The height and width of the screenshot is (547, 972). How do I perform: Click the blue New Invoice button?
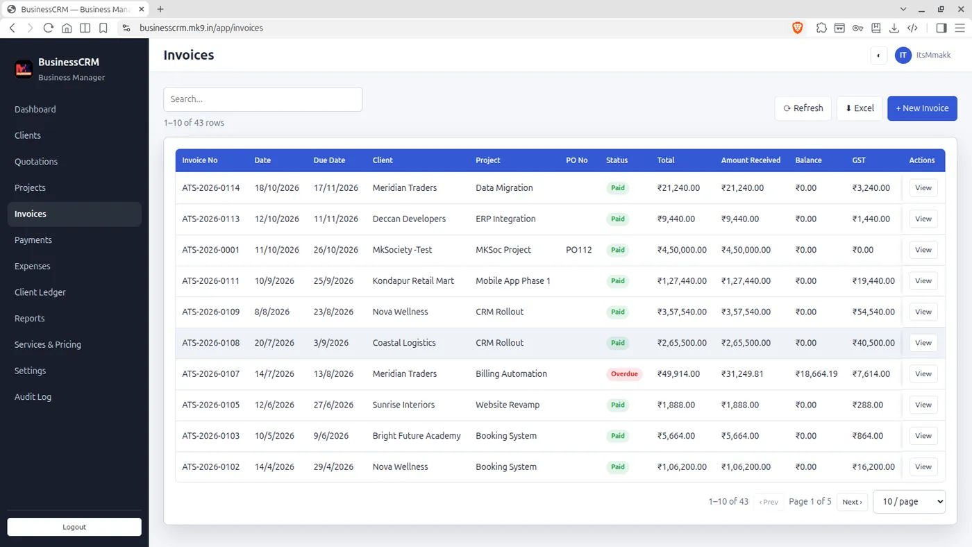[922, 108]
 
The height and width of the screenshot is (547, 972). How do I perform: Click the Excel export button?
[860, 108]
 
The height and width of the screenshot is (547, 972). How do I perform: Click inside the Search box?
[263, 99]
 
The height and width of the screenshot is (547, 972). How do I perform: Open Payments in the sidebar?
[33, 240]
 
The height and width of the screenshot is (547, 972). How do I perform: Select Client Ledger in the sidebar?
[40, 292]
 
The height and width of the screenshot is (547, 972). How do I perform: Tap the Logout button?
[74, 527]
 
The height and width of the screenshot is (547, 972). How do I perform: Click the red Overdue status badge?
[624, 373]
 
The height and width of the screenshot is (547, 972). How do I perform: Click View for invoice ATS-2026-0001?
[923, 249]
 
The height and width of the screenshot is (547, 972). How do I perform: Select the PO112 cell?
[578, 249]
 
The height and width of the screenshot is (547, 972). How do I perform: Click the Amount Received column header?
[751, 160]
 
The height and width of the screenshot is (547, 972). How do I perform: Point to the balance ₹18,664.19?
[816, 373]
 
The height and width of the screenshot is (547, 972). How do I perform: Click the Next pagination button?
[852, 501]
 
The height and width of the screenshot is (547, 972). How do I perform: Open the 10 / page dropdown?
[909, 501]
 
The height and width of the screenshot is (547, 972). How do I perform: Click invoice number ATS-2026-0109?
[210, 312]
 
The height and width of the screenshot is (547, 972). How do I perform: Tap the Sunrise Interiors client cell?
[403, 404]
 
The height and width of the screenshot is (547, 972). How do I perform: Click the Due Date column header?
[329, 160]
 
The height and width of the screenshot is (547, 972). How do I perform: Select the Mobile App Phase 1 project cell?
[512, 280]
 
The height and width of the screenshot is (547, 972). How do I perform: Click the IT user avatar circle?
[903, 55]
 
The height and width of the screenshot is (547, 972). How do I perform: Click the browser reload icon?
[48, 28]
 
